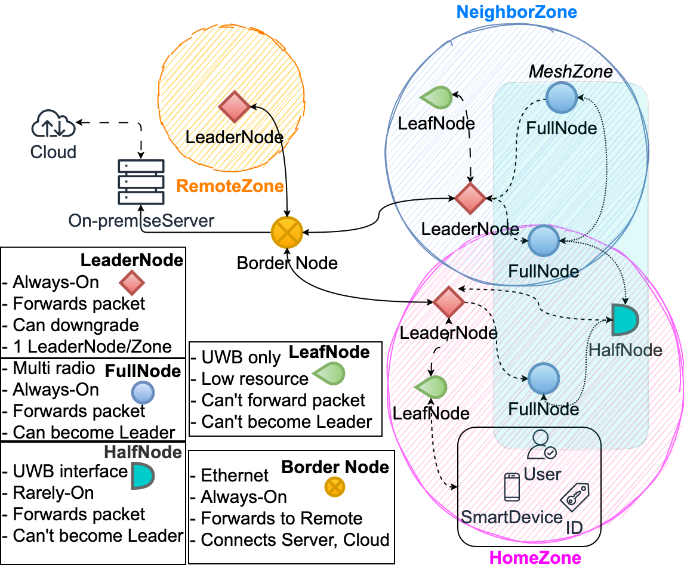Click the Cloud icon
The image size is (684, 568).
pos(53,125)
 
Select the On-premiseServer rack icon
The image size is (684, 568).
pos(141,181)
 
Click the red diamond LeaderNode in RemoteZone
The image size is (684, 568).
pos(233,107)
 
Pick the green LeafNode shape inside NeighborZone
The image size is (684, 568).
pos(436,98)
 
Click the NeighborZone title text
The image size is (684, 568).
pos(517,11)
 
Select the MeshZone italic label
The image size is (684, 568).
pos(570,72)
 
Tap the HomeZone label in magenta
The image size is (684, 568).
pos(535,558)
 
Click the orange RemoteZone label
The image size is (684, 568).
pos(230,186)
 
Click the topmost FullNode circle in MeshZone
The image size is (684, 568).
pos(562,97)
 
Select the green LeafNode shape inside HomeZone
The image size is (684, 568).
pos(430,388)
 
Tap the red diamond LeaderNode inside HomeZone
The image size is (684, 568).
pos(448,302)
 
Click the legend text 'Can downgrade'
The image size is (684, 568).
pos(76,325)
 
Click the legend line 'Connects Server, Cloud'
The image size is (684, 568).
pos(295,540)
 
